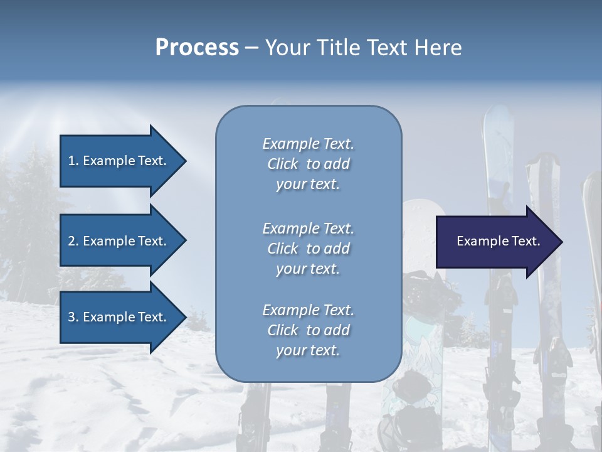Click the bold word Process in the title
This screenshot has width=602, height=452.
197,47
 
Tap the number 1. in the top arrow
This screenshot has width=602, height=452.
73,161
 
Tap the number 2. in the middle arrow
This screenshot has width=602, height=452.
73,241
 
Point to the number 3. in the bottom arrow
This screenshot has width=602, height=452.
73,317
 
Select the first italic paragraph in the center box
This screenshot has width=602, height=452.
308,164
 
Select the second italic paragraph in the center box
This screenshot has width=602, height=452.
308,249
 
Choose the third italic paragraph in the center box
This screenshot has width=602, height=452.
308,330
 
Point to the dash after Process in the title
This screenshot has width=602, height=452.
251,48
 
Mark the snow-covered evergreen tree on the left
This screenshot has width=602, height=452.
31,207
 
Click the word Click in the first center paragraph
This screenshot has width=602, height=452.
282,164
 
